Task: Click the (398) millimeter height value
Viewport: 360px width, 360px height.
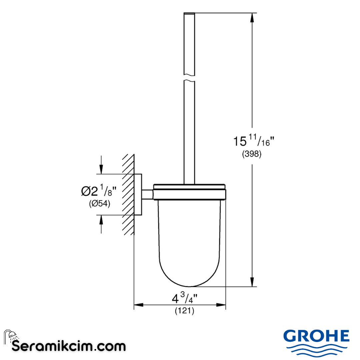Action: pyautogui.click(x=252, y=154)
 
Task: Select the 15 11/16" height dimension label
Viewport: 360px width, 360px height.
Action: pyautogui.click(x=253, y=141)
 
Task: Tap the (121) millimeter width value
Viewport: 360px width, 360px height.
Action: pyautogui.click(x=184, y=311)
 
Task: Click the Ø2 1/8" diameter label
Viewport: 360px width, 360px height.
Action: pyautogui.click(x=99, y=191)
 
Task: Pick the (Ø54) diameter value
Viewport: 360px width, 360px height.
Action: pyautogui.click(x=99, y=203)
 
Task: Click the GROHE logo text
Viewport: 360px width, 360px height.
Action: pyautogui.click(x=316, y=336)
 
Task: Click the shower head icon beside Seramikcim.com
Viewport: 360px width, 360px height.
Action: pyautogui.click(x=10, y=335)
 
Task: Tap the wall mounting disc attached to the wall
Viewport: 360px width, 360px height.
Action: pyautogui.click(x=138, y=194)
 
